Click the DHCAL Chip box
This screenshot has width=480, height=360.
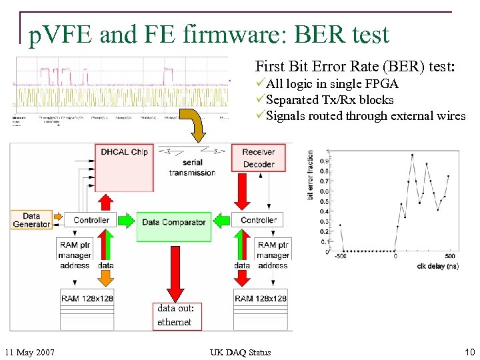point(124,167)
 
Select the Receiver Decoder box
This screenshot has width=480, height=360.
point(258,158)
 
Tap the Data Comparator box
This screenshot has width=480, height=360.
point(174,222)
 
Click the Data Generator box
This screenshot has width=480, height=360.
point(31,220)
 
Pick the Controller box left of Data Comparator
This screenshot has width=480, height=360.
point(91,220)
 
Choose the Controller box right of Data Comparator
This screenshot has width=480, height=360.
point(258,220)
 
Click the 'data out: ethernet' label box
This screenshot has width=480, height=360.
point(175,315)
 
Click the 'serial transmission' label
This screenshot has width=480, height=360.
point(192,167)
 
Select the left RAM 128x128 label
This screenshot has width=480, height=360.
point(87,298)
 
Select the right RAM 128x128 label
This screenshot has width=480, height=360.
point(261,298)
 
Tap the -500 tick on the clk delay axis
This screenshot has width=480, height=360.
point(340,256)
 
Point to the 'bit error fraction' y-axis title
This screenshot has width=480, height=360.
point(311,175)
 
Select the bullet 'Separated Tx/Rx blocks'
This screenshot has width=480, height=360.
point(329,100)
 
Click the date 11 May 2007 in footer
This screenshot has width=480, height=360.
point(29,352)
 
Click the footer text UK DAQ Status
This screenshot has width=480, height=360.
point(240,352)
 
